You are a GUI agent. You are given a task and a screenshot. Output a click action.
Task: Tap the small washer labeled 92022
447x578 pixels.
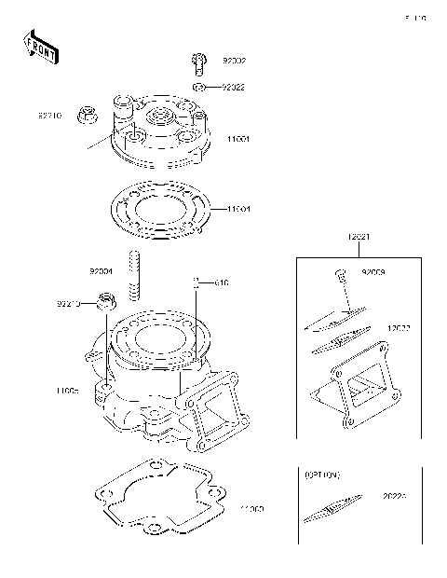(199, 87)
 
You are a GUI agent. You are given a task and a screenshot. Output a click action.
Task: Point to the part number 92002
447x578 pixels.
(233, 62)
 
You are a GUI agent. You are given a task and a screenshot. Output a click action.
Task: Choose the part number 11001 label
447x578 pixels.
(238, 140)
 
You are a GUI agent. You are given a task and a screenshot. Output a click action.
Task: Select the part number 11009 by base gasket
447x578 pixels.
(251, 510)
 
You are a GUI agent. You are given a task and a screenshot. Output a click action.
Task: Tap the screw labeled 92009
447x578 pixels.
(340, 275)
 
